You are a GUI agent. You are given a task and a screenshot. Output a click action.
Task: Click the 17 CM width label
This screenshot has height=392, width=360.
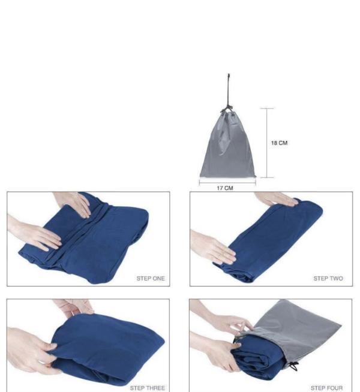click(x=224, y=188)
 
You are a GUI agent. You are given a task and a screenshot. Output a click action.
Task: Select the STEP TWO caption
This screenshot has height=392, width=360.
click(x=328, y=279)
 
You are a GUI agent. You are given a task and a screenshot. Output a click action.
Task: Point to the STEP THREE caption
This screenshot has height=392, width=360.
click(x=147, y=388)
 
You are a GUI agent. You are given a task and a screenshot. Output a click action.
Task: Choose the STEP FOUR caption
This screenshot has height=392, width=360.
click(x=326, y=388)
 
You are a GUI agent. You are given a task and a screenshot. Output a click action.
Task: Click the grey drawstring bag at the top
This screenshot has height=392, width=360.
click(x=227, y=150)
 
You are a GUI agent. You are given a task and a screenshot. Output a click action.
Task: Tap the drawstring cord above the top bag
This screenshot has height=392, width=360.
click(x=228, y=90)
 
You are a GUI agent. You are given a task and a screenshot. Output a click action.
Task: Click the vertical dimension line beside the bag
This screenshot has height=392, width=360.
click(x=267, y=143)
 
